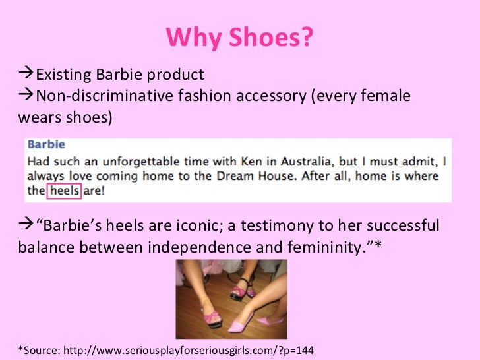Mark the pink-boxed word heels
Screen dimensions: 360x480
[x=65, y=191]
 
